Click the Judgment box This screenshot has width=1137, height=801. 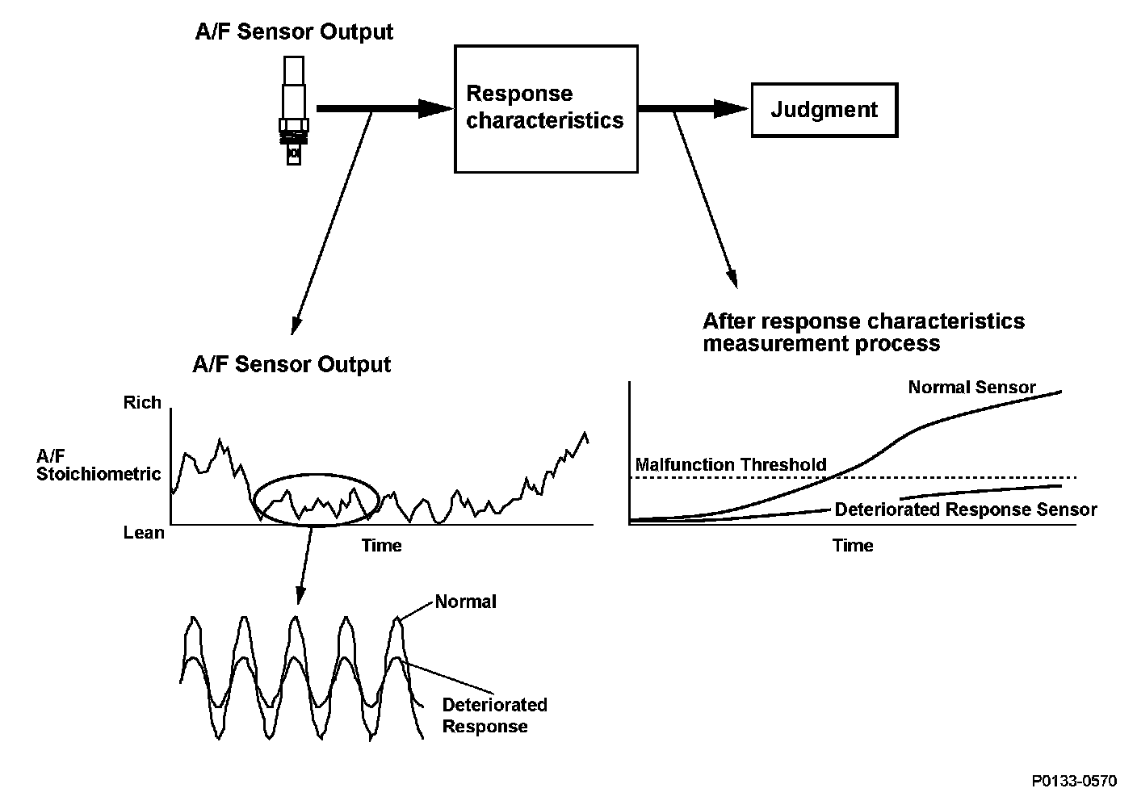[x=824, y=109]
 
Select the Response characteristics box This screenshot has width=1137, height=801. [x=546, y=108]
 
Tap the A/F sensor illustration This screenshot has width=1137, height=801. [x=294, y=111]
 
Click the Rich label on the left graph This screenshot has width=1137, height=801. [x=142, y=402]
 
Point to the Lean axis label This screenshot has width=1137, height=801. [x=144, y=533]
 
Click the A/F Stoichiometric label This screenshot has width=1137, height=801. [x=99, y=464]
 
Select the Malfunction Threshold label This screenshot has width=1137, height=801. [x=731, y=464]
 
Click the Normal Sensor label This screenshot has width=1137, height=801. [x=971, y=387]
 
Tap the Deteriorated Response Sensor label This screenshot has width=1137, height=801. [x=965, y=510]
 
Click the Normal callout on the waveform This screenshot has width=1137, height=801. [x=465, y=602]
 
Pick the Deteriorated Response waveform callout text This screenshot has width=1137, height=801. [x=494, y=715]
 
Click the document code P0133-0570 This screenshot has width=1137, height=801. [x=1074, y=781]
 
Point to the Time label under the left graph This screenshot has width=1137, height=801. [x=381, y=545]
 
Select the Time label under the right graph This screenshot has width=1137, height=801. [x=853, y=545]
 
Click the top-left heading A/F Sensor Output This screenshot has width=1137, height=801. [x=294, y=32]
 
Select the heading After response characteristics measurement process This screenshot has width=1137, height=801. [x=863, y=332]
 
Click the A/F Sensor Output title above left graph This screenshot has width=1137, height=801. [x=292, y=364]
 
